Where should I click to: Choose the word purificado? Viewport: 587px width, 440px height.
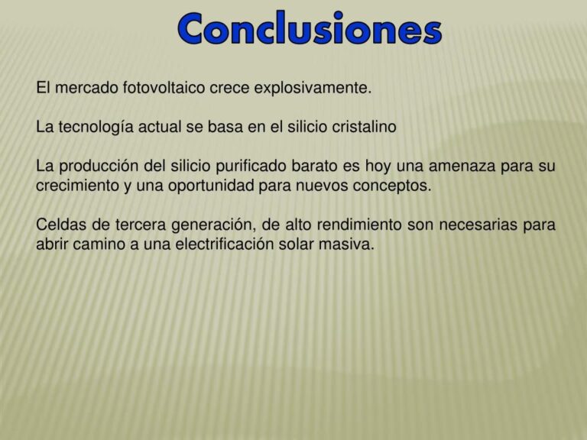pos(250,167)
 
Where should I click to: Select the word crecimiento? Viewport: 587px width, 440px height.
pos(78,186)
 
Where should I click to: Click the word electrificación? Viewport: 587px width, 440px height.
pos(245,245)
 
